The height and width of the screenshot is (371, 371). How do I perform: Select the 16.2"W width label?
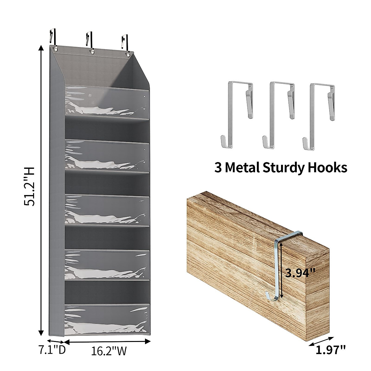(109, 351)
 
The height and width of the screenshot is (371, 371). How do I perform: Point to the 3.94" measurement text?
(300, 273)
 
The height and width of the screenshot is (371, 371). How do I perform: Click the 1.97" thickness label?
(330, 350)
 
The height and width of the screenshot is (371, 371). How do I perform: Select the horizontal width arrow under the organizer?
(107, 341)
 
